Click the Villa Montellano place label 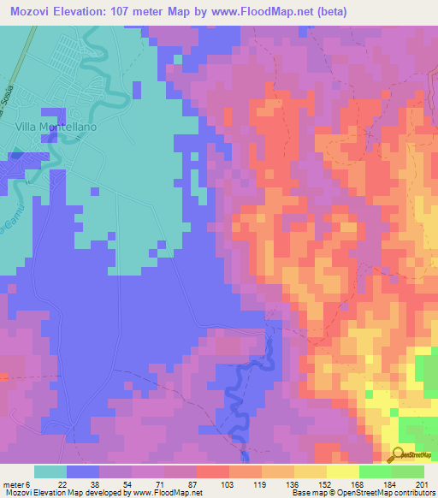(56, 127)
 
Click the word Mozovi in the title (33, 11)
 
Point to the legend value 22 (62, 484)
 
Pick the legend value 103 (228, 484)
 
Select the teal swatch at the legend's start (50, 471)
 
